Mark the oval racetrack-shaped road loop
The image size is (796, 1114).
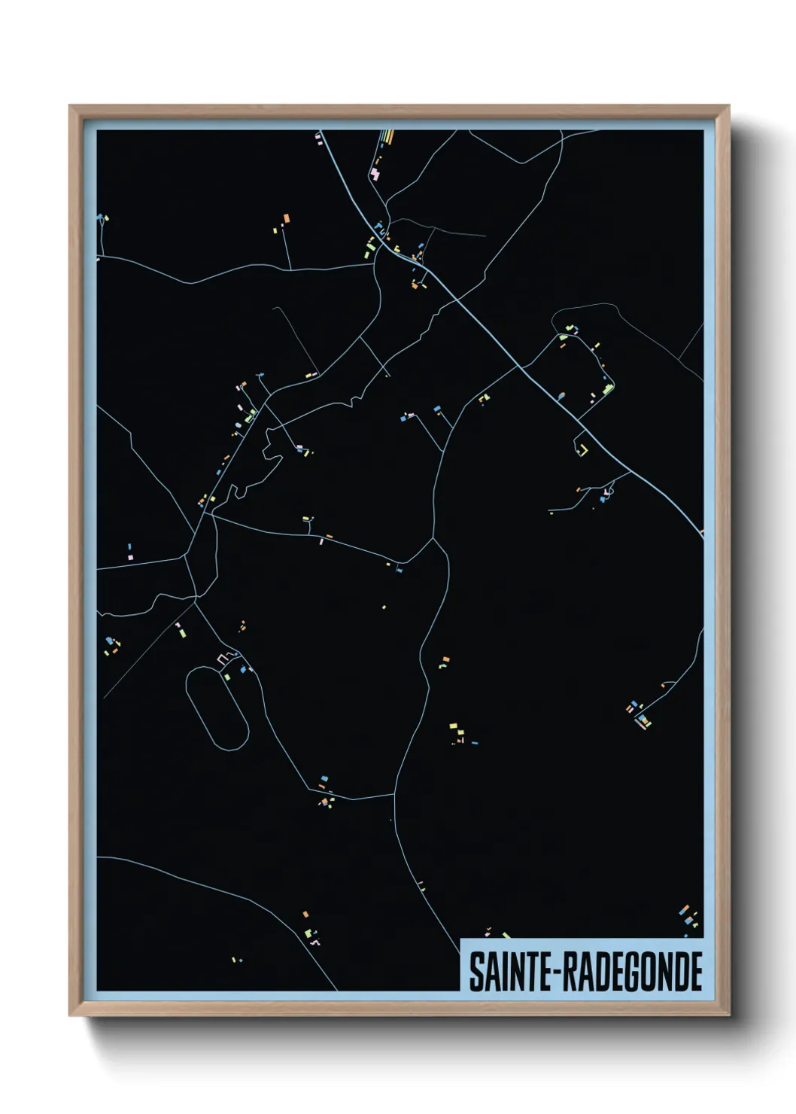coord(217,707)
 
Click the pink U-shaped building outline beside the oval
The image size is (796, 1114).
coord(223,659)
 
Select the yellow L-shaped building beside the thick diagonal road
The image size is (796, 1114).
coord(582,449)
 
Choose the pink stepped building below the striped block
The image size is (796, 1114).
coord(375,174)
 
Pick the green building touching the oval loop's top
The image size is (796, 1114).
coord(227,676)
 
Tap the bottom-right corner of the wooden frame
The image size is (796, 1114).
coord(728,1014)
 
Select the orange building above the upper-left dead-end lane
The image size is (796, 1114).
coord(286,219)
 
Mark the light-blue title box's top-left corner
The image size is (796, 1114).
coord(460,939)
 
